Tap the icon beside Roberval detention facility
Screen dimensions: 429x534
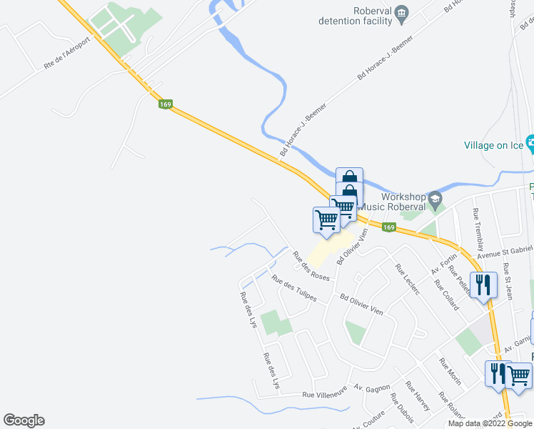402,11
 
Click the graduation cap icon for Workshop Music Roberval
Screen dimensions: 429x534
435,197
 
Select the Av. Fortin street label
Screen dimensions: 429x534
443,266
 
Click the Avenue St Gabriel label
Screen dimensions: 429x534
505,250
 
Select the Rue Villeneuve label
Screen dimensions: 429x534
324,393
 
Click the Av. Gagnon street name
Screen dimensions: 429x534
372,388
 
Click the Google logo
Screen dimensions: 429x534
24,420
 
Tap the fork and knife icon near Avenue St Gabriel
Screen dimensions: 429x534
483,285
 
